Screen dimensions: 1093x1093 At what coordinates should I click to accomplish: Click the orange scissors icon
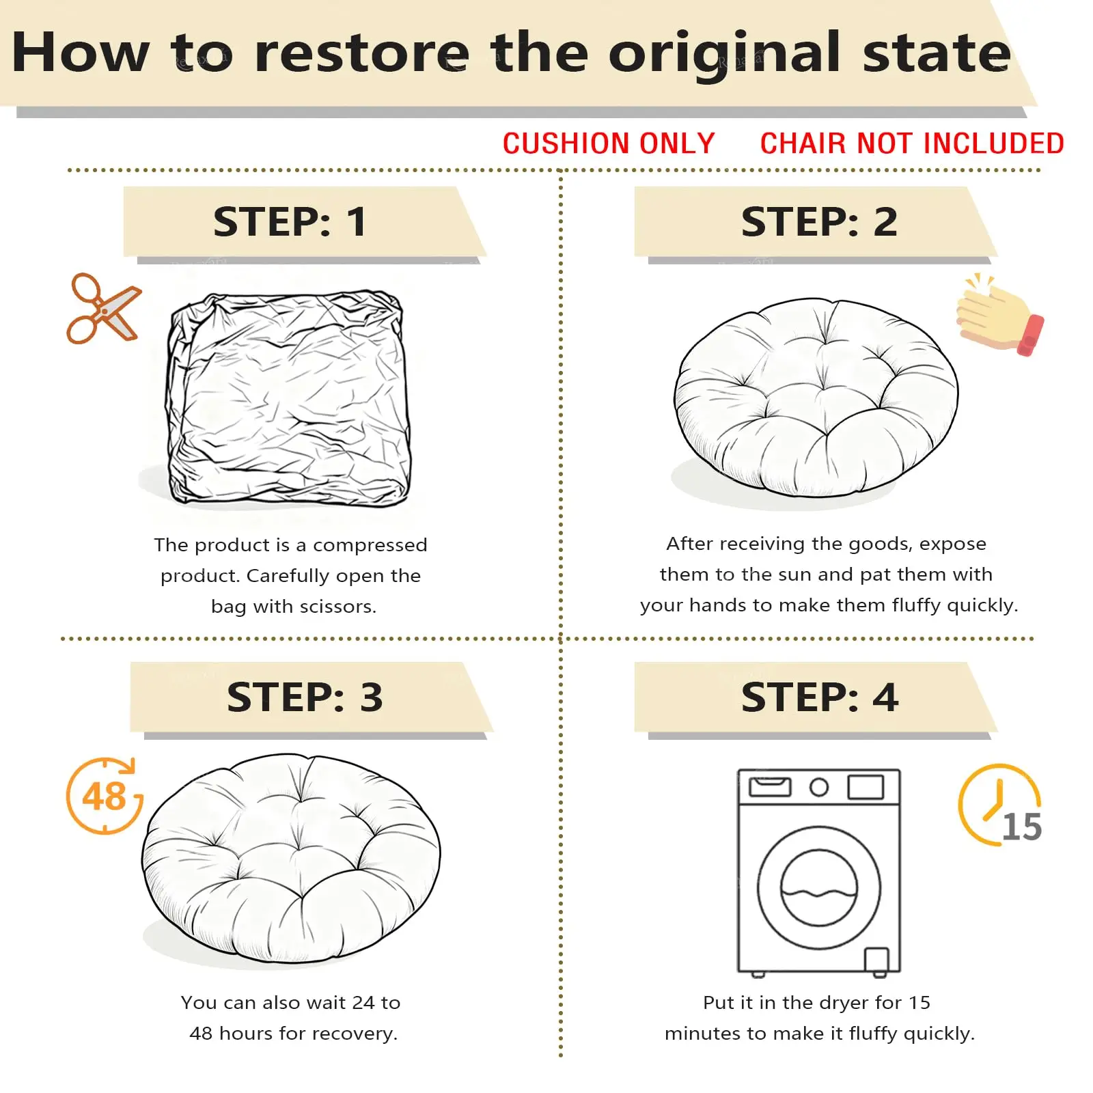coord(103,309)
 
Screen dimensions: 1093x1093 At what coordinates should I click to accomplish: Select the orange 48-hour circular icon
coord(105,796)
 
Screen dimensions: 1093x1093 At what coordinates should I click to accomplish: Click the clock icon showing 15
coord(999,805)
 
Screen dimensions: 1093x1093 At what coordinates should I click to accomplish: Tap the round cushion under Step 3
coord(291,859)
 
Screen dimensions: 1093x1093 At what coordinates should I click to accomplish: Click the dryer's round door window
coord(818,887)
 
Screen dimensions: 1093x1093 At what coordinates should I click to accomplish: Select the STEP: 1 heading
coord(290,221)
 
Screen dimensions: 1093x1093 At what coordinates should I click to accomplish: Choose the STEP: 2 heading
coord(819,221)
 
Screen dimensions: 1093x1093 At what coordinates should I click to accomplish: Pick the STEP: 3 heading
coord(305,697)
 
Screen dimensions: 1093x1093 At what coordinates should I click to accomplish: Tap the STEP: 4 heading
coord(820,697)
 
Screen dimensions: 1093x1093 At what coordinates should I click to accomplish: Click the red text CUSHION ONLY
coord(609,143)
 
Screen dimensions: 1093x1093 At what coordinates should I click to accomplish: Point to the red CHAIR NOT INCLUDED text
coord(912,143)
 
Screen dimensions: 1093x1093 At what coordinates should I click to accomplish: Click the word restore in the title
coord(362,53)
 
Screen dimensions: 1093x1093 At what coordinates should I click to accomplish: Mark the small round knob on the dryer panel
coord(819,788)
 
